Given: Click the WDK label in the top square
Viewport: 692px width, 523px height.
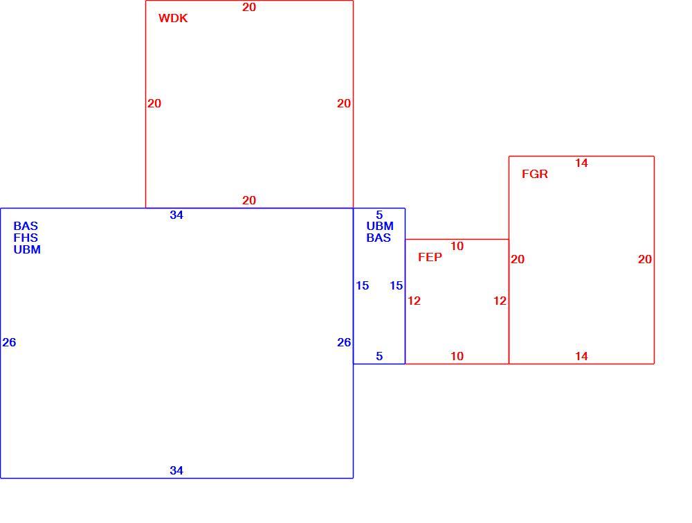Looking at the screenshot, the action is (x=173, y=18).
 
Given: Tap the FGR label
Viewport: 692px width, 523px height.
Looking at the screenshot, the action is (x=535, y=174).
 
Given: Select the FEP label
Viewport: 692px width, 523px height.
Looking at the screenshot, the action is (x=430, y=257).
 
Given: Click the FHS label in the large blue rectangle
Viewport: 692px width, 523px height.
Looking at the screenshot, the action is (x=26, y=238).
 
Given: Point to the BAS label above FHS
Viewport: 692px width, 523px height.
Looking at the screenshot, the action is (x=26, y=226).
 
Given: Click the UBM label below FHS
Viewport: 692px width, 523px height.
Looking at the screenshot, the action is (x=27, y=249).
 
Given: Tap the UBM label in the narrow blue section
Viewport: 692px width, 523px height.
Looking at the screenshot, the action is (x=380, y=226).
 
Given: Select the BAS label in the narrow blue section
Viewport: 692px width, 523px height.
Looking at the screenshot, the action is (x=379, y=238).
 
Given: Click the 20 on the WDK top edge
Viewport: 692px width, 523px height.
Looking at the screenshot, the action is (x=249, y=7).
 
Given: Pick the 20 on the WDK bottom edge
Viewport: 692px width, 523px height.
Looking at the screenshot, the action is (x=249, y=201).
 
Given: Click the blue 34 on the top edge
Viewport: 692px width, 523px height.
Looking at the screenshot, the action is (x=176, y=215).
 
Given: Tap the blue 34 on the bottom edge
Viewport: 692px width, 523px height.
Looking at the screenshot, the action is (x=176, y=471).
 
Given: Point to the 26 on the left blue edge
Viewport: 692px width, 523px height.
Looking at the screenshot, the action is (x=9, y=342).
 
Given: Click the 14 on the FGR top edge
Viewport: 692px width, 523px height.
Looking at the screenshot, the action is (x=582, y=163).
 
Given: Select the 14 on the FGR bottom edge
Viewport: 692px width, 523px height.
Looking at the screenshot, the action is (x=582, y=357).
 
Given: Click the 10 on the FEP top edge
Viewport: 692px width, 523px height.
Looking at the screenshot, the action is (x=457, y=247).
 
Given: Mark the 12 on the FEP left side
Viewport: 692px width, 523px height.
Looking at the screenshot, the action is (x=414, y=301).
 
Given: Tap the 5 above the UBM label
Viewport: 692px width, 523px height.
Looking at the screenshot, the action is (x=379, y=215).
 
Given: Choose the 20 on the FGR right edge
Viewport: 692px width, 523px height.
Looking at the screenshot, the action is (x=645, y=260).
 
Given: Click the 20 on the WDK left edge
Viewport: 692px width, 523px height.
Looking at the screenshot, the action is (x=154, y=104).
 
